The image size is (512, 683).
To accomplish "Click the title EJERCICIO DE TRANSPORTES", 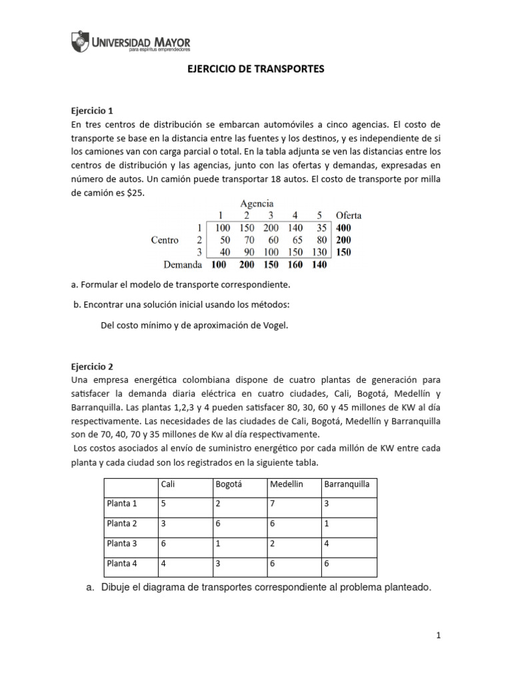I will coord(255,69).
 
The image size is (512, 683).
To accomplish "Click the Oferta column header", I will coord(349,215).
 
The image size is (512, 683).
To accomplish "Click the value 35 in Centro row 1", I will coord(320,227).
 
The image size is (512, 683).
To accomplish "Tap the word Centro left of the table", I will coord(165,239).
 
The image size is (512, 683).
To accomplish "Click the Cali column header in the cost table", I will coord(167,484).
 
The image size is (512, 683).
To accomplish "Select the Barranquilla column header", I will coord(347,484).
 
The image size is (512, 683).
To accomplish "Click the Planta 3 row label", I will coord(121,544).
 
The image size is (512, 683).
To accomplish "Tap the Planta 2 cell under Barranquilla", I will coord(326,524).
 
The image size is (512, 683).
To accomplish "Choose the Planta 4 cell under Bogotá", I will coord(218,564).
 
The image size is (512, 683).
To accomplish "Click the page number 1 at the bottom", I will coord(439,636).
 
